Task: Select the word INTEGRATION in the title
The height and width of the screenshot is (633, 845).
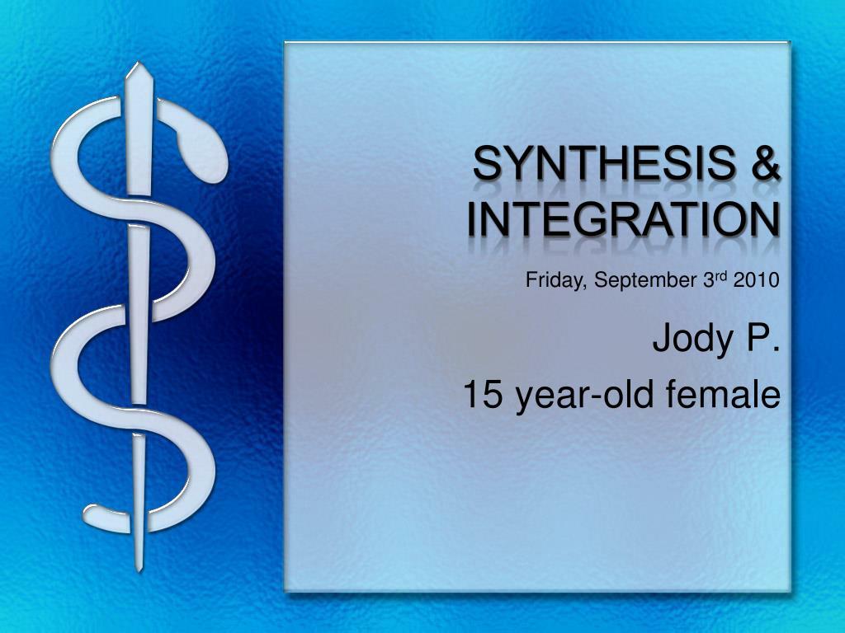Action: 623,219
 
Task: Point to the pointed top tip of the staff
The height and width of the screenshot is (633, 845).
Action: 139,63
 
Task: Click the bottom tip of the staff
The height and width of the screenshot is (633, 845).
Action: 139,570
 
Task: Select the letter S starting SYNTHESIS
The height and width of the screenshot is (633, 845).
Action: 486,164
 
